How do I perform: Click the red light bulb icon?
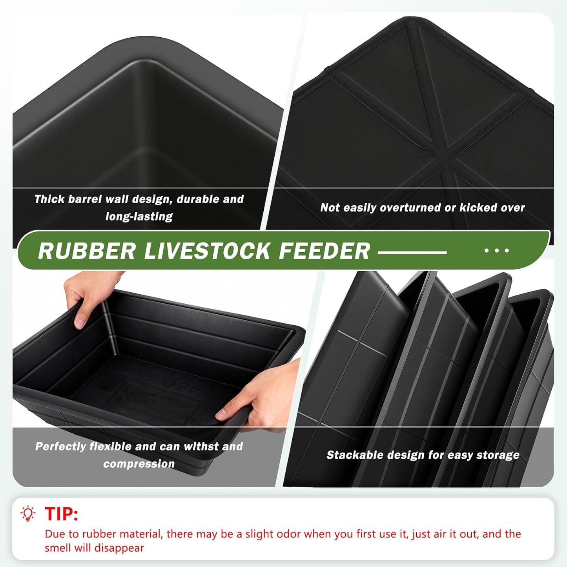(28, 514)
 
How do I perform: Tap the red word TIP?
(61, 514)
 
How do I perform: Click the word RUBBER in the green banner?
(87, 251)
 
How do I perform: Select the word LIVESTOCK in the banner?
(207, 251)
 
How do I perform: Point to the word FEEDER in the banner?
(324, 251)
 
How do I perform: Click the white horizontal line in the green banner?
(412, 252)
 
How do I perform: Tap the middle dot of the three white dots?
(497, 250)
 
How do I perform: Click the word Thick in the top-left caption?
(49, 199)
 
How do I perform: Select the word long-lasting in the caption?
(139, 217)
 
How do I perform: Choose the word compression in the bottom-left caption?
(139, 464)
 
